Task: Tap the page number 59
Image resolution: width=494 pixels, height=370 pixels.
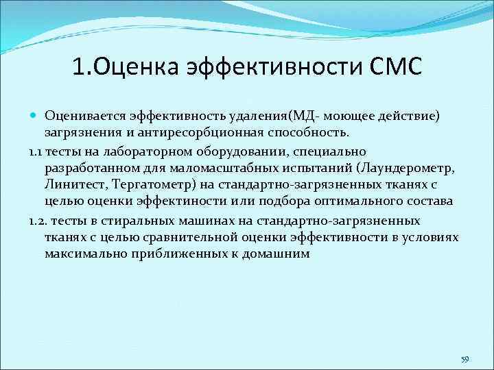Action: click(x=465, y=359)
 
